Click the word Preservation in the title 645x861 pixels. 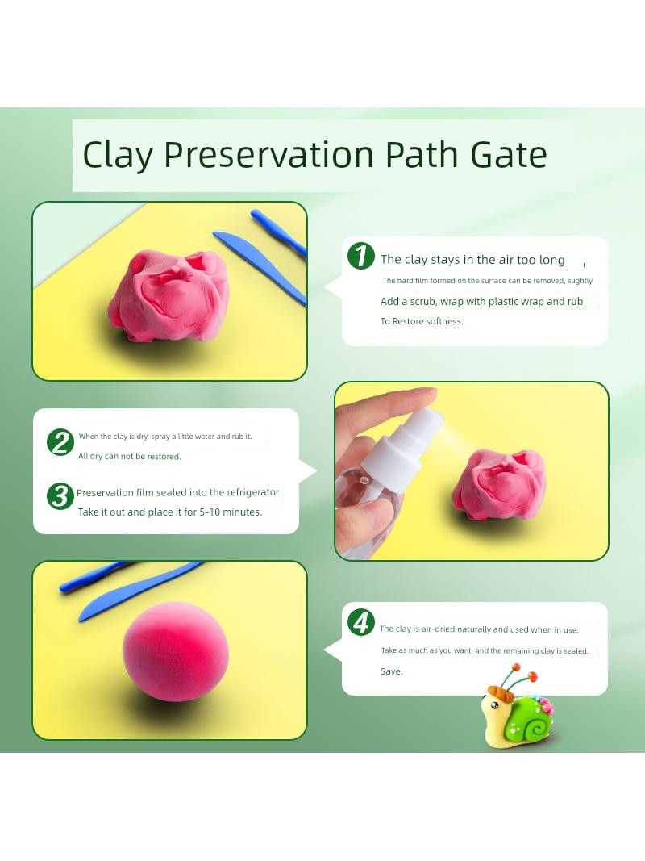[x=268, y=155]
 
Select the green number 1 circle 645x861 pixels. [x=361, y=256]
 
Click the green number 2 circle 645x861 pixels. [x=60, y=442]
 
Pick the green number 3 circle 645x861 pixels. [x=60, y=496]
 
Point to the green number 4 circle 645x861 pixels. [x=361, y=622]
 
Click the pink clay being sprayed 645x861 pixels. [x=499, y=484]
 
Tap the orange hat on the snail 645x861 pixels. [x=500, y=694]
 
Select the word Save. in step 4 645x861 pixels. [x=392, y=671]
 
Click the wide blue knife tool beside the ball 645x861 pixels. [x=139, y=591]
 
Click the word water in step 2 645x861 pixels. [x=201, y=437]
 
